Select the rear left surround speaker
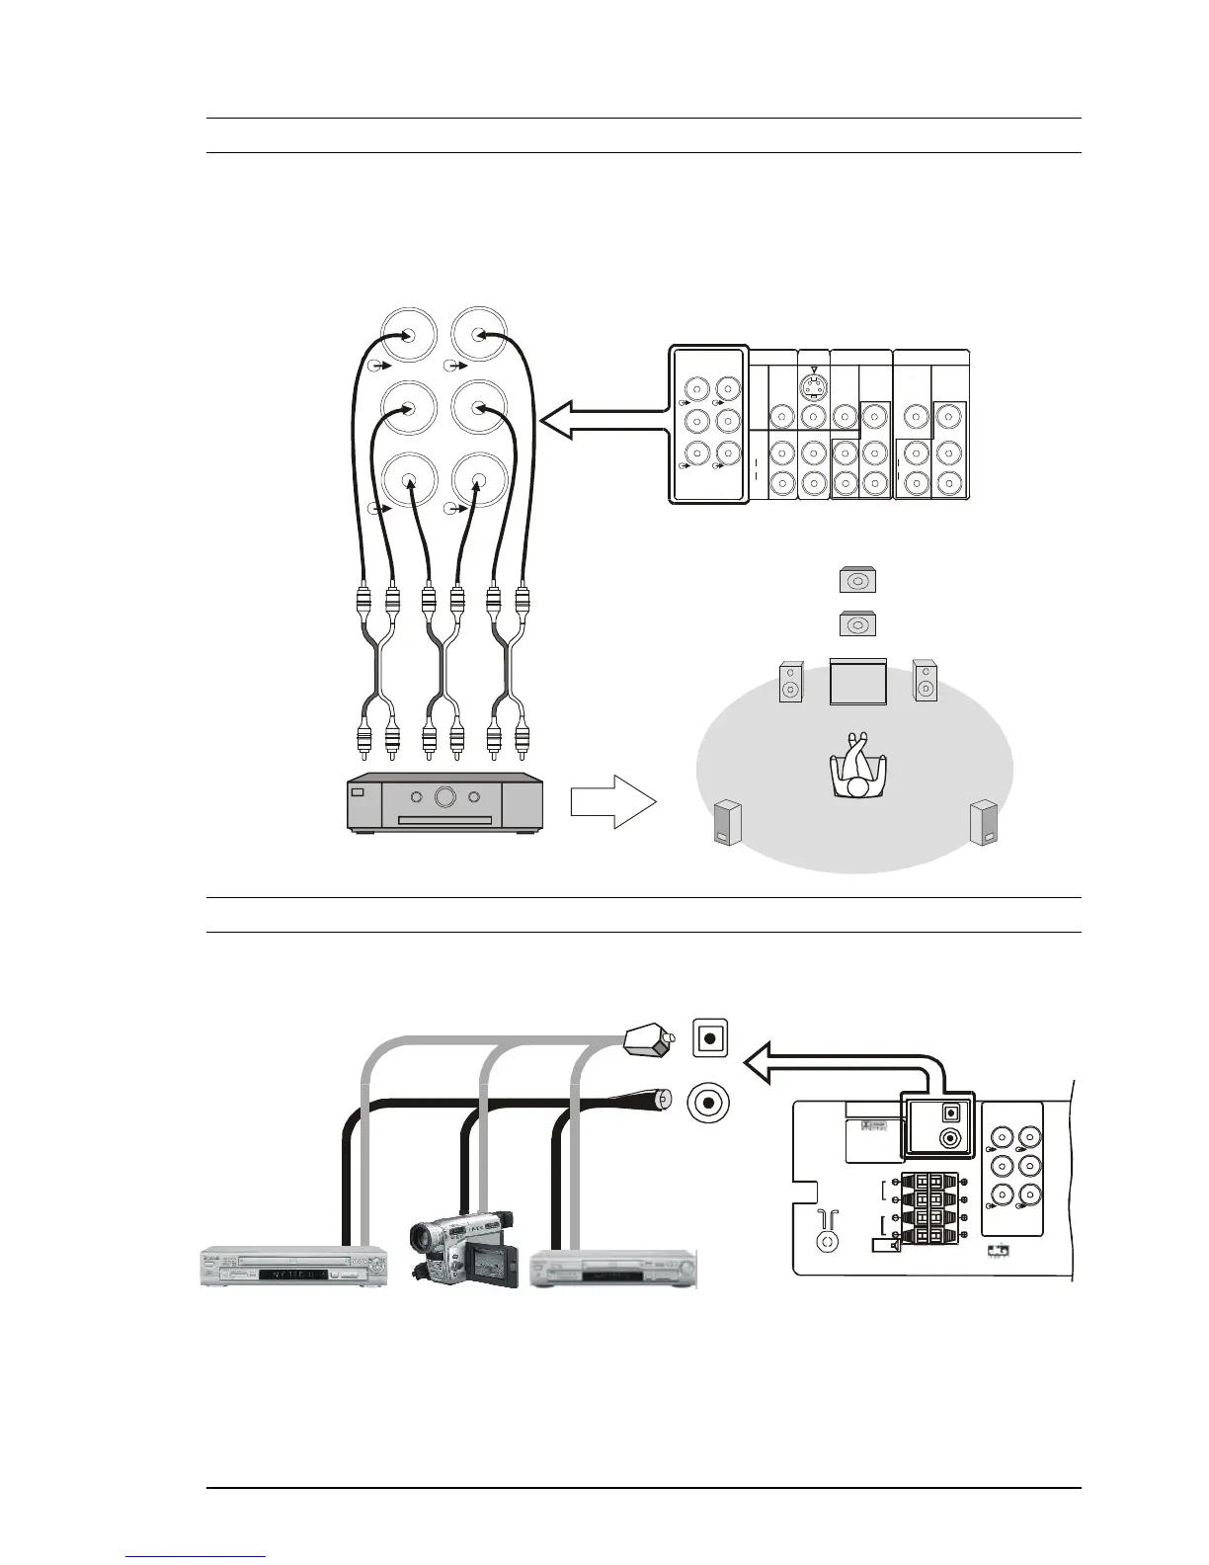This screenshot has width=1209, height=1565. (728, 824)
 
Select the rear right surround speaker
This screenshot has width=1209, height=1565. (984, 823)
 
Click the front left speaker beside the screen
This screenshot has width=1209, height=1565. (790, 682)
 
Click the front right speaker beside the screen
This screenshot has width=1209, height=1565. (925, 681)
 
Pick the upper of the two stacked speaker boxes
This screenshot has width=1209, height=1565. (857, 581)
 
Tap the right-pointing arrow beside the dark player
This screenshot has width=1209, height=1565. (612, 800)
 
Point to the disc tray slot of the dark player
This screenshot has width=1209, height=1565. (444, 820)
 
